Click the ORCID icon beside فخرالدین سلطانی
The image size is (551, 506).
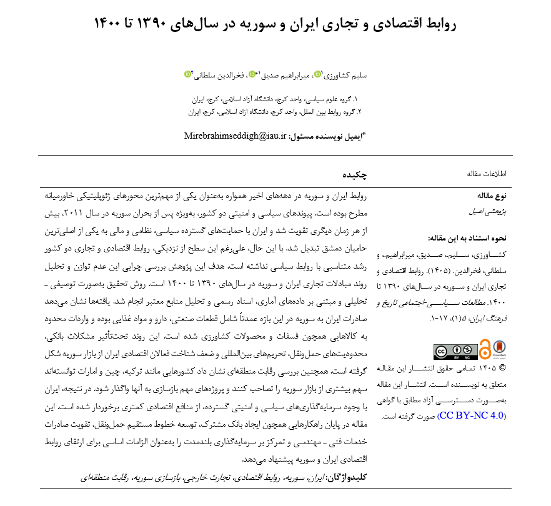(187, 74)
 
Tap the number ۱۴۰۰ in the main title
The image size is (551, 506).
(111, 24)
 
